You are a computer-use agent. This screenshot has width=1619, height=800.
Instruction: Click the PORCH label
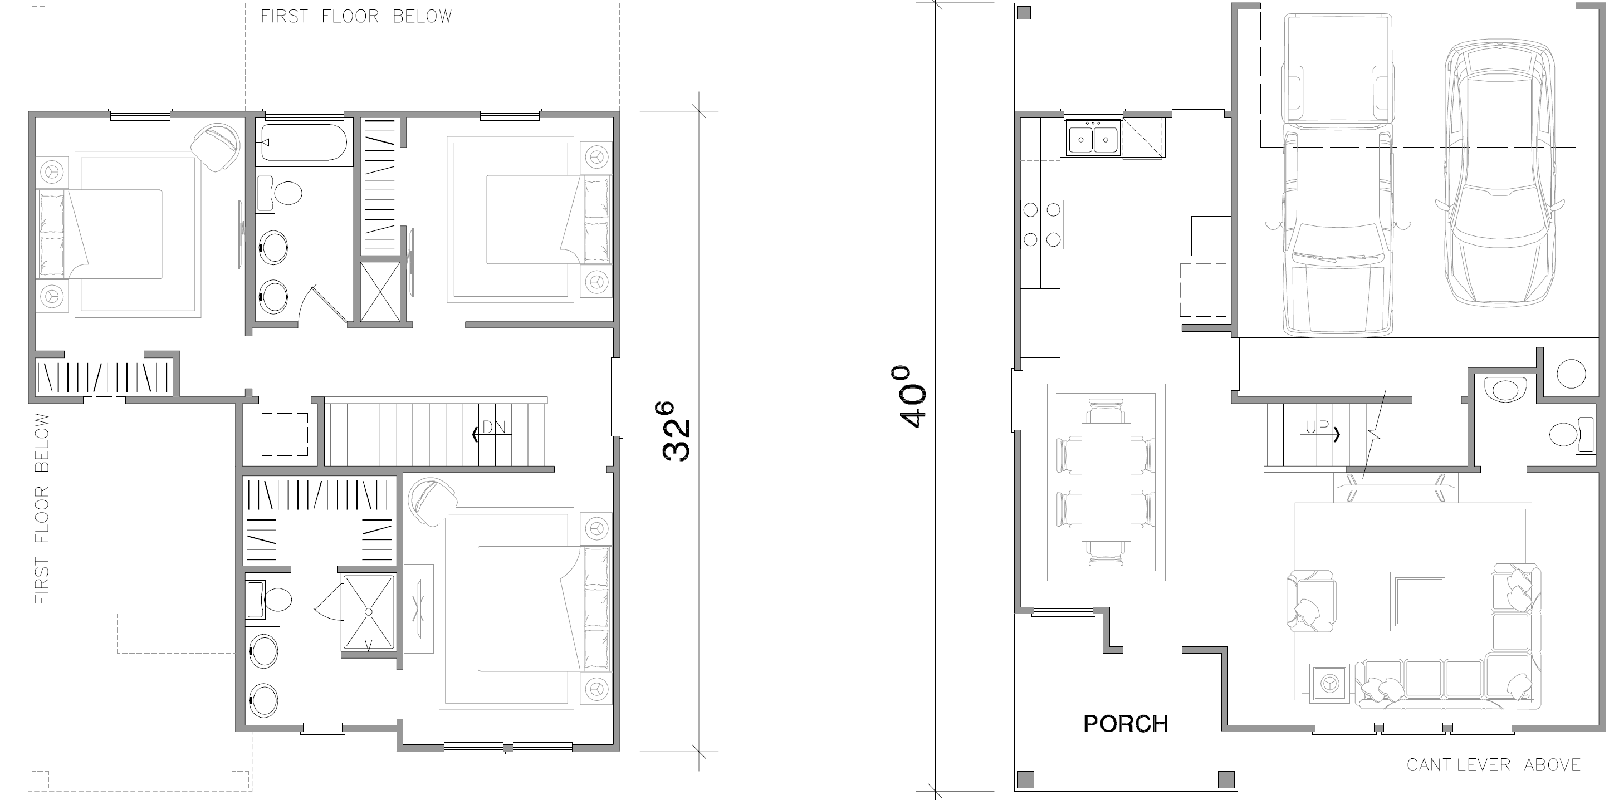tap(1126, 723)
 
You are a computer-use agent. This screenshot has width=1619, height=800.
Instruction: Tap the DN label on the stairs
tap(494, 428)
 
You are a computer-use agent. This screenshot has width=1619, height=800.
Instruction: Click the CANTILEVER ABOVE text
tap(1493, 765)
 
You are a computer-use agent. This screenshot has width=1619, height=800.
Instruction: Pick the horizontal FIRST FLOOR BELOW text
tap(356, 16)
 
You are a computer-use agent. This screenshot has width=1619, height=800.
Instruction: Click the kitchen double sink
tap(1093, 140)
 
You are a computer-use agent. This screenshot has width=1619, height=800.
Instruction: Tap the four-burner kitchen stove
tap(1042, 224)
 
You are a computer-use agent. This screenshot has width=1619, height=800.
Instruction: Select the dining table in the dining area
tap(1106, 482)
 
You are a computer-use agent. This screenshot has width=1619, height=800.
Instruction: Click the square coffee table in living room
tap(1420, 601)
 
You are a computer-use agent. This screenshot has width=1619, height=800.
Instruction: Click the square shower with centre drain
tap(369, 611)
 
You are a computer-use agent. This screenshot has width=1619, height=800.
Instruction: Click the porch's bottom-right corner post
tap(1226, 779)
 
